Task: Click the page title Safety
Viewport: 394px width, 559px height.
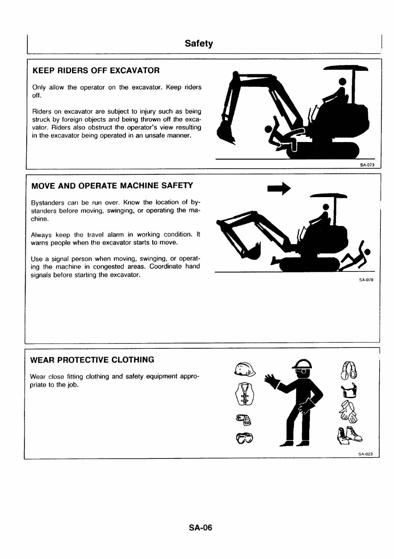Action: click(198, 43)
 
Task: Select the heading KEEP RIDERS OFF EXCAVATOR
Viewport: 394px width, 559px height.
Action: click(96, 70)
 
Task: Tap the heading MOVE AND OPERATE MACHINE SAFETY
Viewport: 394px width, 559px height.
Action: click(112, 186)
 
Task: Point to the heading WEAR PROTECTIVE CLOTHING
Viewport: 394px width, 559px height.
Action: click(92, 360)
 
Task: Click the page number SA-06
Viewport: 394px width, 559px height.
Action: click(200, 528)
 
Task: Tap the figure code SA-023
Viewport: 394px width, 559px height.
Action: click(365, 454)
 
